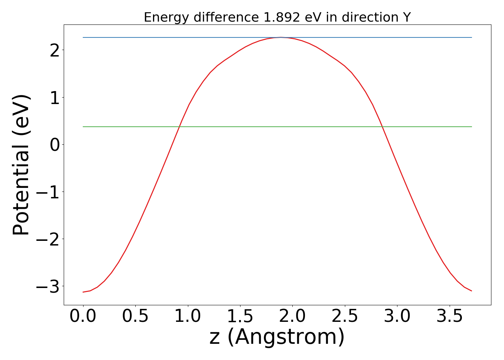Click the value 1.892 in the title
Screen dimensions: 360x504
[281, 17]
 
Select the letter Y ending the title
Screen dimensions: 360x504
[407, 17]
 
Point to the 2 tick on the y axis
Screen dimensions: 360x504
[54, 51]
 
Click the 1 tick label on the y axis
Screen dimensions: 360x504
[54, 98]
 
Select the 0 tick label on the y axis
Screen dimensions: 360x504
[54, 145]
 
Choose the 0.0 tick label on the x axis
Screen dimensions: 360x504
[83, 316]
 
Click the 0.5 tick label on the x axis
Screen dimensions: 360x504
[135, 316]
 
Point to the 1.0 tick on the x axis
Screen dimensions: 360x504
[188, 316]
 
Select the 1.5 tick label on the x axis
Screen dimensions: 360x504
[240, 316]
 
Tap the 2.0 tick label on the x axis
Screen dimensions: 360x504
[292, 316]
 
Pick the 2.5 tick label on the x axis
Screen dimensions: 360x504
[345, 316]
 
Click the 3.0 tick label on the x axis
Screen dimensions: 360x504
[397, 316]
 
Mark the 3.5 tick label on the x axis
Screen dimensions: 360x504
[449, 316]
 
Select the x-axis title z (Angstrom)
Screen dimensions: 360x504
[277, 337]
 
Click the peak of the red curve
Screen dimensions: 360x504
[281, 37]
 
